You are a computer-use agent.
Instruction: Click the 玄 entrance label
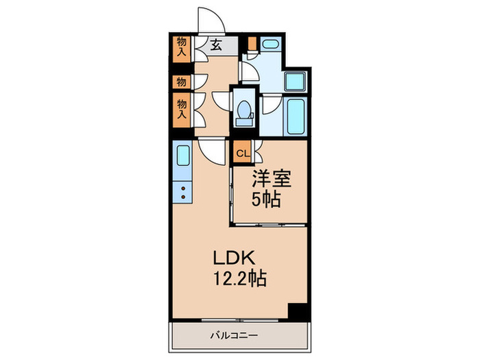point(216,46)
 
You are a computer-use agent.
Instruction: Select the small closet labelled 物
point(181,82)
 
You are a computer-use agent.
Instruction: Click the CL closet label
point(243,153)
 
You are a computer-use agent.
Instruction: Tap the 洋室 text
point(272,180)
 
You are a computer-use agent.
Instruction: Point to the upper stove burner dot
point(183,186)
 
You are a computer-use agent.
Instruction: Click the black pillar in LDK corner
point(297,311)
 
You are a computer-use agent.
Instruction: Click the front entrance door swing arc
point(206,21)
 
